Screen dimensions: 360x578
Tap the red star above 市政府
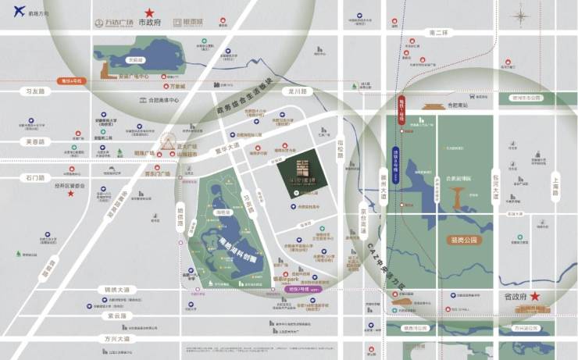point(149,12)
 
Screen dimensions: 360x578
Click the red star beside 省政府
point(535,296)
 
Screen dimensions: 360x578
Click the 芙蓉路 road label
point(36,141)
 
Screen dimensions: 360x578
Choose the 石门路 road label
point(36,178)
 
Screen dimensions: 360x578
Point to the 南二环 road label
point(437,33)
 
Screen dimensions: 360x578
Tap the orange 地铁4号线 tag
point(71,80)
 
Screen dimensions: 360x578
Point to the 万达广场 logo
point(113,23)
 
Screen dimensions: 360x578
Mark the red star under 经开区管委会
point(70,193)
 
